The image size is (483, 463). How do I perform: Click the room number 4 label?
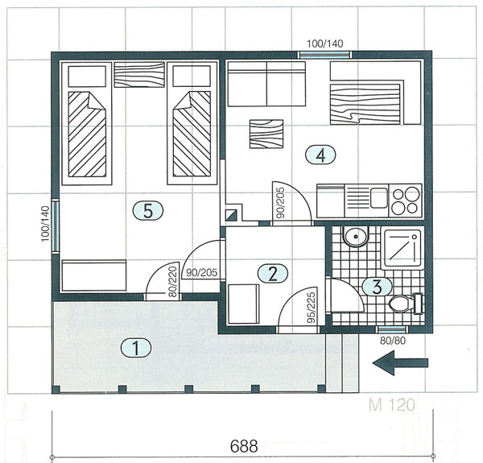pyautogui.click(x=320, y=155)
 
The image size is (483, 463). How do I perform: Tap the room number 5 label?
pyautogui.click(x=148, y=211)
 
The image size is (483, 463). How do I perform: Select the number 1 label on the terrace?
pyautogui.click(x=136, y=348)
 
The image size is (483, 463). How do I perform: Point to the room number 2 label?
pyautogui.click(x=273, y=274)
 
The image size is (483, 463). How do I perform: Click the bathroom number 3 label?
pyautogui.click(x=377, y=287)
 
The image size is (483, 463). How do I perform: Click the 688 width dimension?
pyautogui.click(x=244, y=446)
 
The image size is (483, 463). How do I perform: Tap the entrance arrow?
pyautogui.click(x=400, y=363)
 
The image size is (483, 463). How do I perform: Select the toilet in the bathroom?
pyautogui.click(x=406, y=304)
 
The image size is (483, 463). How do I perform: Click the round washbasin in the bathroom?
pyautogui.click(x=356, y=237)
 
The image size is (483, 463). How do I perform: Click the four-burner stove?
pyautogui.click(x=406, y=200)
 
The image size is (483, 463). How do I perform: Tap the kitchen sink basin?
pyautogui.click(x=379, y=197)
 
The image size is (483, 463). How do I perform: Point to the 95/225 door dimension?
pyautogui.click(x=312, y=308)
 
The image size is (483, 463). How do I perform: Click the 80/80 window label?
pyautogui.click(x=393, y=341)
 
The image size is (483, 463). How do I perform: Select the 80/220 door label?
pyautogui.click(x=174, y=282)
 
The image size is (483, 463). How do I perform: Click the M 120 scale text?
pyautogui.click(x=391, y=405)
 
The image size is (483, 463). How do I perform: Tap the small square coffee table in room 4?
pyautogui.click(x=266, y=134)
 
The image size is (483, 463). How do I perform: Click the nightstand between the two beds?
pyautogui.click(x=139, y=75)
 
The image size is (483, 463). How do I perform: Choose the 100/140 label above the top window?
pyautogui.click(x=324, y=43)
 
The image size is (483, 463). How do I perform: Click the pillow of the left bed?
pyautogui.click(x=87, y=76)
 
